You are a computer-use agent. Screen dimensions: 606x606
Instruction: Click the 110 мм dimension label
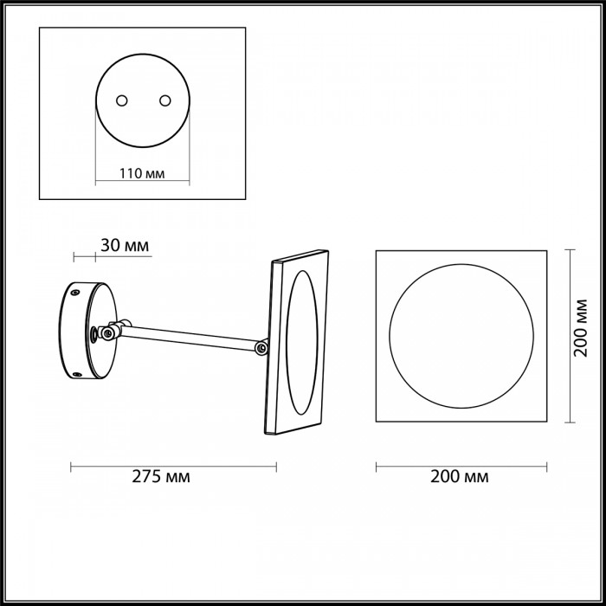coord(142,173)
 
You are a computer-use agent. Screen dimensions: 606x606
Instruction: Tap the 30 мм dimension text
coord(125,245)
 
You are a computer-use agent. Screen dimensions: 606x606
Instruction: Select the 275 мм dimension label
coord(161,476)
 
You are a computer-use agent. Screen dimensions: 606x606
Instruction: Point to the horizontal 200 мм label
coord(460,476)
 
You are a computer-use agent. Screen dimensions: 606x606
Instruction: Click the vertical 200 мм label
coord(580,328)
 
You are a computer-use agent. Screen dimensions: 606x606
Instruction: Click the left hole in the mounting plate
coord(122,100)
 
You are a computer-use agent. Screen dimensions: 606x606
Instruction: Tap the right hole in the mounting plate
coord(165,100)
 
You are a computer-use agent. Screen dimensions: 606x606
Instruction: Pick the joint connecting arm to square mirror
coord(262,348)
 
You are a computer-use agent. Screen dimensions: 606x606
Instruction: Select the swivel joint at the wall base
coord(110,331)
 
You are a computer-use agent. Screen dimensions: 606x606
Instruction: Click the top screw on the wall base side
coord(76,293)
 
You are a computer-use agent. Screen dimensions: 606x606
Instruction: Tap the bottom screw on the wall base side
coord(77,374)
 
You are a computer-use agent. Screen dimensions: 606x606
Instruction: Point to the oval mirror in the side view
coord(302,343)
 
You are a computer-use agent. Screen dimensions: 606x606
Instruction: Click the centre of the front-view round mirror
coord(461,336)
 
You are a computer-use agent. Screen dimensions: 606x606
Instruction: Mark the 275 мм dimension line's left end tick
coord(71,467)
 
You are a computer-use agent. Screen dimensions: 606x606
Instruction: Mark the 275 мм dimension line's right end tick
coord(276,467)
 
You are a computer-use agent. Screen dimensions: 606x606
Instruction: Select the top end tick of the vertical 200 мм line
coord(570,250)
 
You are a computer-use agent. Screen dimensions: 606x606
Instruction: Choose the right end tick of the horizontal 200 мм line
coord(547,467)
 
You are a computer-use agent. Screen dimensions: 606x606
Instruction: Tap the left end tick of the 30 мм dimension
coord(74,256)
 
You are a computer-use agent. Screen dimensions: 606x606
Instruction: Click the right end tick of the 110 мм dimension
coord(190,180)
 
